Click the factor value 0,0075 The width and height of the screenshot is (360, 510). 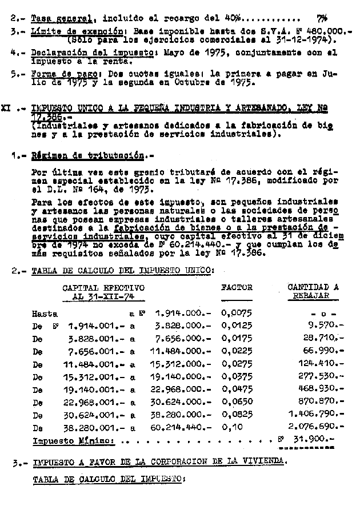[x=234, y=314]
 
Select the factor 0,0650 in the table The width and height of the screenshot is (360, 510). [x=234, y=401]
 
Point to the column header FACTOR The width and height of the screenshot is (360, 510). [x=235, y=287]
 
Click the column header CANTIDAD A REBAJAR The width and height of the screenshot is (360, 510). [x=313, y=291]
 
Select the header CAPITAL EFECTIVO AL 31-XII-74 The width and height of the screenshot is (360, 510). [x=103, y=292]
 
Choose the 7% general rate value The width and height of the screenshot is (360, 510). [x=321, y=18]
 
